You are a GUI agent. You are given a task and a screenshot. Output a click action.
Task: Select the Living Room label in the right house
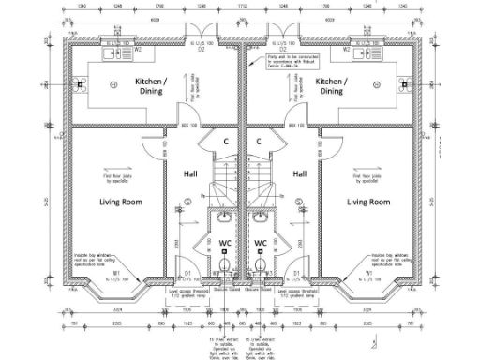tap(367, 202)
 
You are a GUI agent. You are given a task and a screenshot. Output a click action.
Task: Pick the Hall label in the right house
tap(301, 174)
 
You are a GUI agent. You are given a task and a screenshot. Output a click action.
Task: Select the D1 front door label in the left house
tap(188, 273)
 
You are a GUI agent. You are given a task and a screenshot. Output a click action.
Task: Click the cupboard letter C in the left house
tap(226, 142)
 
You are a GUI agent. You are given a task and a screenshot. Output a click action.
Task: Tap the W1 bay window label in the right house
tap(368, 274)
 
